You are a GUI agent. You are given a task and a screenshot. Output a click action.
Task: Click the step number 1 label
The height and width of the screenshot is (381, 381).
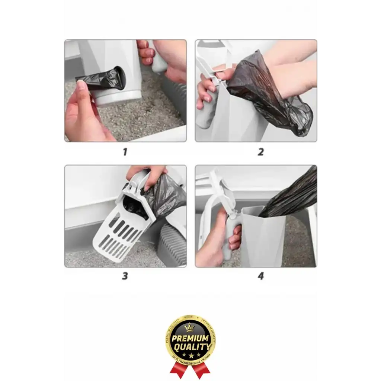(125, 152)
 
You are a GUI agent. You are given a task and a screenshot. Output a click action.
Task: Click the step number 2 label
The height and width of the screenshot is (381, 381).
(260, 152)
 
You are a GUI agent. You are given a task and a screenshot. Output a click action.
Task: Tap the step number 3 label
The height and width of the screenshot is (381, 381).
(125, 276)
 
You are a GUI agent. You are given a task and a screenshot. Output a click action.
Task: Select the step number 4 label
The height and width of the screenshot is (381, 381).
(260, 276)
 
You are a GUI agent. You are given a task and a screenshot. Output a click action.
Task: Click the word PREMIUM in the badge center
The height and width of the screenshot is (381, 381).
(190, 339)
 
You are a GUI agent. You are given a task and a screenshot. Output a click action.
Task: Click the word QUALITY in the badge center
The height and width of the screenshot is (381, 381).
(190, 347)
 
